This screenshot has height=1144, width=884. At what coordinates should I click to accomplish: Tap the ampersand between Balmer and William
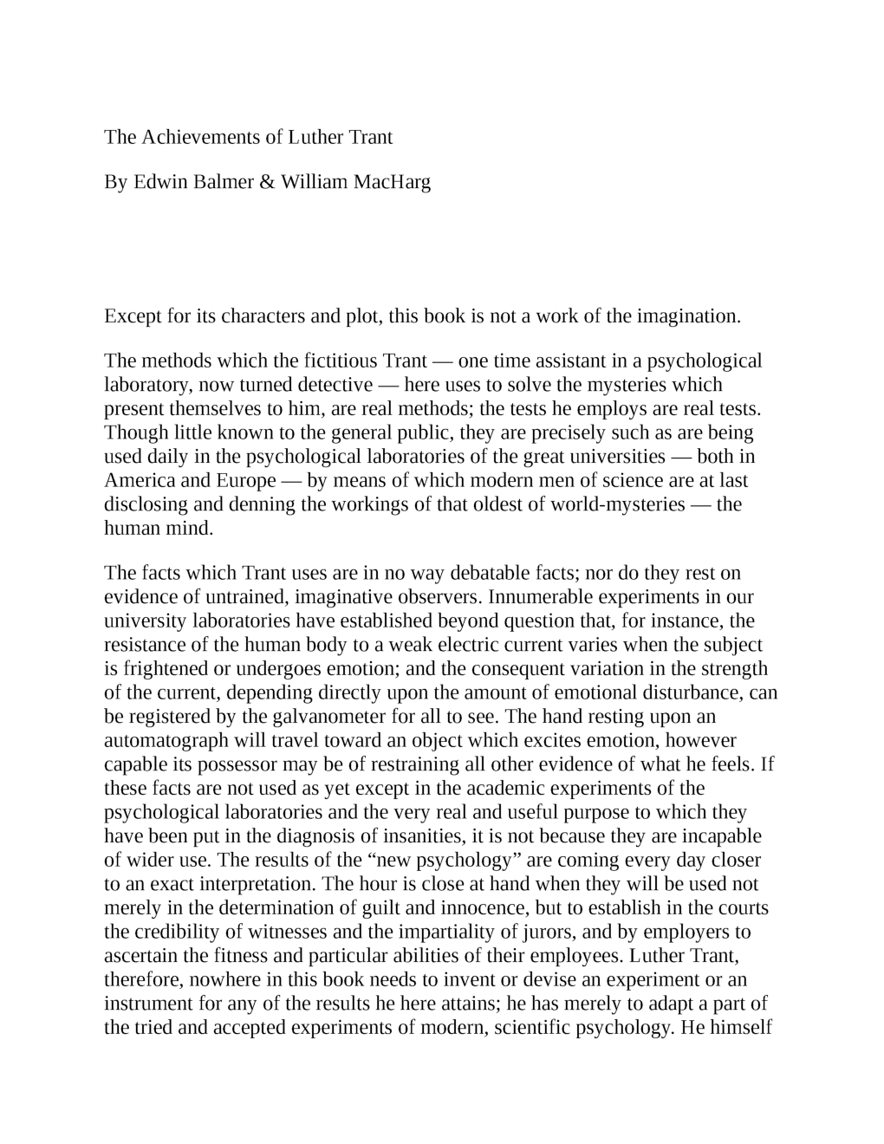(x=266, y=182)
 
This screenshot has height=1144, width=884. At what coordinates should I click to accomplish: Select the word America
(x=139, y=480)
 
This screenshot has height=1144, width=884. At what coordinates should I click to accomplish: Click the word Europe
(x=240, y=480)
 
